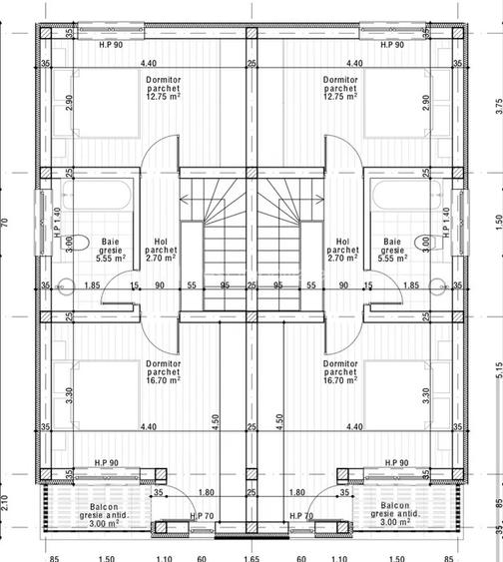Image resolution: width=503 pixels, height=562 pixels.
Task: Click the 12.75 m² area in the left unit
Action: pyautogui.click(x=161, y=98)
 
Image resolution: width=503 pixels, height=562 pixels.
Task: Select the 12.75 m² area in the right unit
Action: pyautogui.click(x=340, y=98)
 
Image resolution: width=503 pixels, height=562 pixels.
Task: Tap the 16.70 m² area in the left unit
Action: pyautogui.click(x=161, y=380)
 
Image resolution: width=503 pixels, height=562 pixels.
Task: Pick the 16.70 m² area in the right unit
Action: pyautogui.click(x=340, y=380)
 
